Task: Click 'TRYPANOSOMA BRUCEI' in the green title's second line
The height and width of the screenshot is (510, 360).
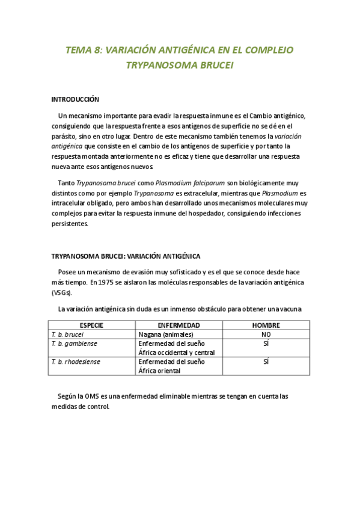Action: (179, 65)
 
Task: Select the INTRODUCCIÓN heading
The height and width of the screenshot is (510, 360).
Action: (75, 99)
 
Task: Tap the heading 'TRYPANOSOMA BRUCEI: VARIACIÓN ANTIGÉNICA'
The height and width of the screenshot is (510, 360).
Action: (126, 256)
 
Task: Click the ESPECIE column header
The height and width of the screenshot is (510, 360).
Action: (91, 325)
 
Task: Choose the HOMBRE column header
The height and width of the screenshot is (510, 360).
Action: (266, 325)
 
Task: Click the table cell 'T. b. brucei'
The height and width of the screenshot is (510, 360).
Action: (67, 334)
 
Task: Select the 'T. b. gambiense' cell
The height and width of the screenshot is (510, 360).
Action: (73, 343)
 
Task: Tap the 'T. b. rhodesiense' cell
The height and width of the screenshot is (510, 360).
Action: (76, 361)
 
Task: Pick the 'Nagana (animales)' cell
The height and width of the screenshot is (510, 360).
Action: (166, 334)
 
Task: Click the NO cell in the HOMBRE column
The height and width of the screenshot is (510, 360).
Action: (266, 334)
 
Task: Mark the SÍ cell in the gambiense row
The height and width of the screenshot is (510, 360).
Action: (266, 343)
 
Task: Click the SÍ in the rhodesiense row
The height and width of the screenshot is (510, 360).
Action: (266, 361)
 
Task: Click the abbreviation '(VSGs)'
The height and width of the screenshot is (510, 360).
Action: (61, 292)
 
